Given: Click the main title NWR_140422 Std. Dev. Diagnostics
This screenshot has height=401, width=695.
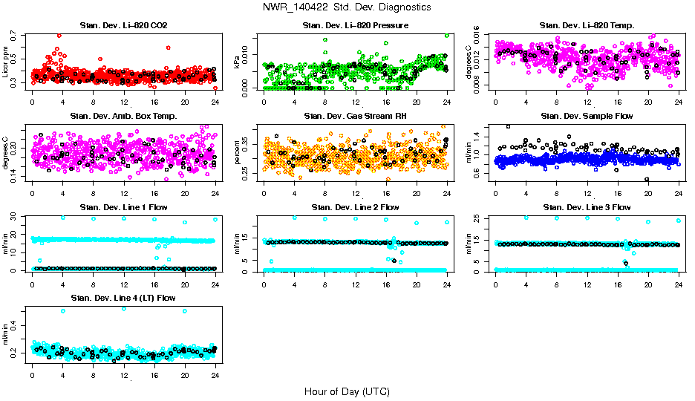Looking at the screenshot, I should click(347, 7).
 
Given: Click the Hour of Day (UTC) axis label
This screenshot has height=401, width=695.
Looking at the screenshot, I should click(347, 391).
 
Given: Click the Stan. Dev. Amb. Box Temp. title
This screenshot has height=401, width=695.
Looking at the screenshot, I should click(123, 116).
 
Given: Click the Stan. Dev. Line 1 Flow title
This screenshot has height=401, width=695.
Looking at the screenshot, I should click(123, 207).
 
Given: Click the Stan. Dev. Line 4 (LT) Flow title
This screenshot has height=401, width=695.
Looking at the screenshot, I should click(123, 298).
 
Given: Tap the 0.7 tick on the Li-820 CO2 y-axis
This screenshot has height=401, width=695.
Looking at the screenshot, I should click(15, 36).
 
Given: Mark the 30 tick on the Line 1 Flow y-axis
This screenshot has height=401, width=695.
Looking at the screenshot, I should click(15, 217).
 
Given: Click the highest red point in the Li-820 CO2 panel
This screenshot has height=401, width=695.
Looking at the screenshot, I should click(59, 36).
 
